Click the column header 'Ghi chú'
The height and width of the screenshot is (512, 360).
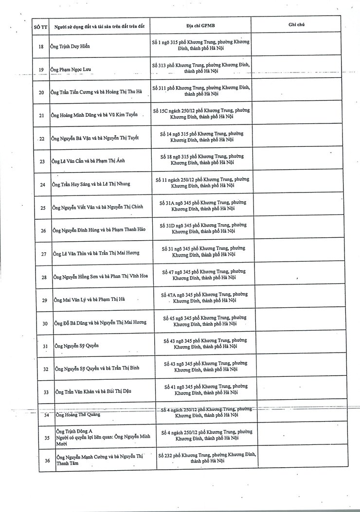296,24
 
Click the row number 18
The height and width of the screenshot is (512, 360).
41,46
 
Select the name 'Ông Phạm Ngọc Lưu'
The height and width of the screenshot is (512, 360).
71,70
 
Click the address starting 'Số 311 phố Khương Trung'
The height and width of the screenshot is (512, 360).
201,91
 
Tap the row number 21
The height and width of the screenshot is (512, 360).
41,115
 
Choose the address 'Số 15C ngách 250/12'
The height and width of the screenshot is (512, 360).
204,113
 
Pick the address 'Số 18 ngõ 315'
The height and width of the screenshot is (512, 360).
202,159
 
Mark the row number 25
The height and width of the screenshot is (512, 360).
43,208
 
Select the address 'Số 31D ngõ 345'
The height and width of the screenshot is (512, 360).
203,229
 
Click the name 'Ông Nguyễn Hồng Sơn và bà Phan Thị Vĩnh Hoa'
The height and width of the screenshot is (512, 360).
101,276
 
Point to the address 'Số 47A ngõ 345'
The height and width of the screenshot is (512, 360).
204,298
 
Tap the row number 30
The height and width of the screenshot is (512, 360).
44,323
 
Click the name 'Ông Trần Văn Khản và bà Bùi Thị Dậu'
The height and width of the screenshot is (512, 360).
93,391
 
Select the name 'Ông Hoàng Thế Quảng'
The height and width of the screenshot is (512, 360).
78,415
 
